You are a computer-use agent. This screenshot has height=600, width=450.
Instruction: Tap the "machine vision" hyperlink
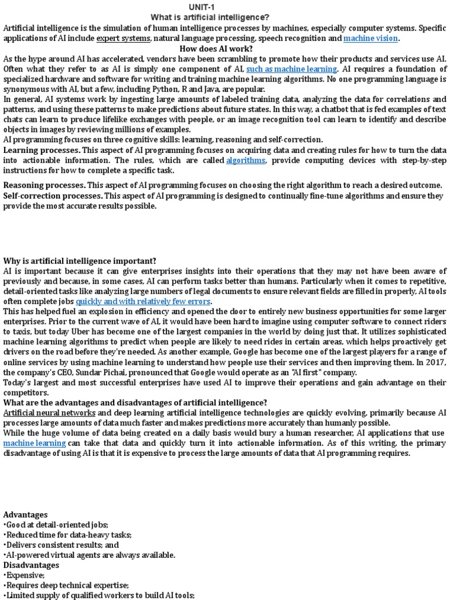[x=370, y=38]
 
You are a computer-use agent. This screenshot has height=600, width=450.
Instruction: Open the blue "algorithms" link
[x=246, y=160]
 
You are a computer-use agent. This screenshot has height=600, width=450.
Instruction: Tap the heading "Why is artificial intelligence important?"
[x=80, y=260]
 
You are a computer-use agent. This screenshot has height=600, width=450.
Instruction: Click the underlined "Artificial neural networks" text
[x=49, y=412]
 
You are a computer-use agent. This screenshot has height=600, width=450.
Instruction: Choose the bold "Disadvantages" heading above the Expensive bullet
[x=31, y=565]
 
